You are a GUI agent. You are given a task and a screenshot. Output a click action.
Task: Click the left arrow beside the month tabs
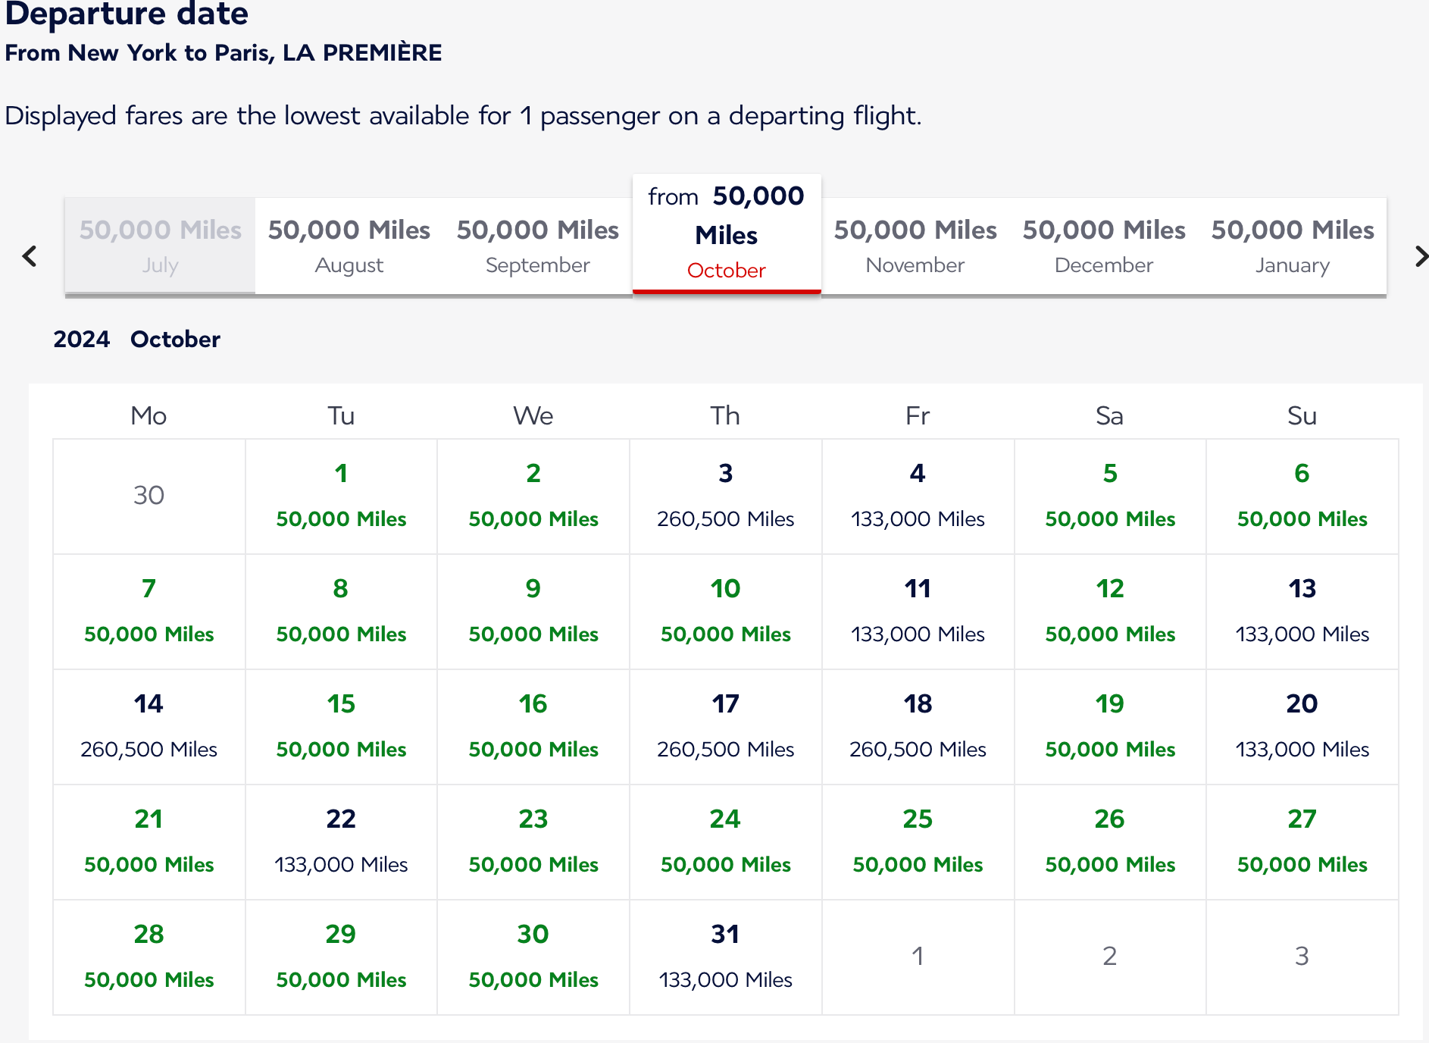(30, 256)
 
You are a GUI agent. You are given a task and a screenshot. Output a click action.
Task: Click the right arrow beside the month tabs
(1421, 256)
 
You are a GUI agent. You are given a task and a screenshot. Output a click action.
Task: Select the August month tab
(349, 246)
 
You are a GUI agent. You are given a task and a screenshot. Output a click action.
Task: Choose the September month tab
(537, 246)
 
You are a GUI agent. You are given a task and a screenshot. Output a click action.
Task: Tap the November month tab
(915, 246)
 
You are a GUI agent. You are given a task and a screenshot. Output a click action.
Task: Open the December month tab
(1103, 246)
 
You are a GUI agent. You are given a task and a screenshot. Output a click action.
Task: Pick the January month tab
(1292, 246)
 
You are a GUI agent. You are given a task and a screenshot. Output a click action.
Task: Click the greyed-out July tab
(160, 246)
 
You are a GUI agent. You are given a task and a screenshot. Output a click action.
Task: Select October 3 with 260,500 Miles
(725, 496)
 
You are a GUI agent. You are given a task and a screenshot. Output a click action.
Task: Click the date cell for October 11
(918, 611)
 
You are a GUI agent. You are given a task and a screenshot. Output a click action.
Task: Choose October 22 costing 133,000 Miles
(341, 841)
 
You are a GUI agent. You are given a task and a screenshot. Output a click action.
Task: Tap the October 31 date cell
(725, 957)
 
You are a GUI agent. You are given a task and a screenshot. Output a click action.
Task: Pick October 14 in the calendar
(149, 726)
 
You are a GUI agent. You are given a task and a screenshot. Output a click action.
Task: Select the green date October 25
(918, 841)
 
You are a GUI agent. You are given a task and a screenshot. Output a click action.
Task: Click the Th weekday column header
(725, 415)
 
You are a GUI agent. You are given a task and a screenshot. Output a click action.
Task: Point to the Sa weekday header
(1109, 415)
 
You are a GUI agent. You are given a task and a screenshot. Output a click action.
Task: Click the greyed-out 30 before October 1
(149, 495)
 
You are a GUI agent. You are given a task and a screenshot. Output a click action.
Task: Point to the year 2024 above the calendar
(81, 339)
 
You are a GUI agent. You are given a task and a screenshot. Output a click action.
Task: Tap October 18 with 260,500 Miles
(918, 726)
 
